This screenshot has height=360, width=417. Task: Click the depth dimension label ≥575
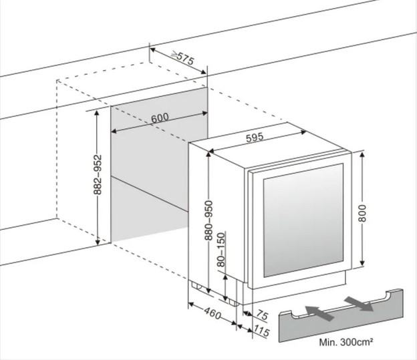coord(182,58)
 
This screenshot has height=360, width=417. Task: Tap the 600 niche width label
coord(160,118)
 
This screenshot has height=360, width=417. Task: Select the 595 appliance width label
coord(254,138)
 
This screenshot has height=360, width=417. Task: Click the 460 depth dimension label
coord(213,313)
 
